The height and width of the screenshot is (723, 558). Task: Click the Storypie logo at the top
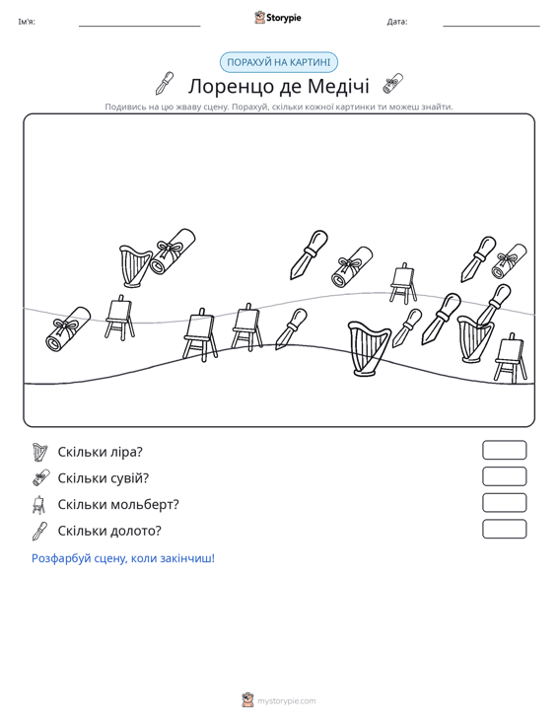point(278,18)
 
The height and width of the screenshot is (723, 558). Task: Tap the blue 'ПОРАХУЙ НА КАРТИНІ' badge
point(279,62)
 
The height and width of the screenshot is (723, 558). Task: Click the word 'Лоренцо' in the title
point(223,86)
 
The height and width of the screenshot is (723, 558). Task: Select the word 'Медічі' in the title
point(338,86)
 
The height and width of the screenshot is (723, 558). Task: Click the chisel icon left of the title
point(165,83)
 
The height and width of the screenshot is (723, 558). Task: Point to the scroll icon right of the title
point(392,84)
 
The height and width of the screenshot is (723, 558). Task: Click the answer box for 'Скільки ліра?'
point(504,450)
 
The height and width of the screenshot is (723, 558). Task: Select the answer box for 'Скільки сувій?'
point(504,476)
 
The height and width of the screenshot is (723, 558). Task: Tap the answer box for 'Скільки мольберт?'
point(504,503)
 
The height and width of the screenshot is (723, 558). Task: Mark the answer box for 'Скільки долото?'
point(504,529)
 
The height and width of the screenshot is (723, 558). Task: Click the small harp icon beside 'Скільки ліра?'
point(40,452)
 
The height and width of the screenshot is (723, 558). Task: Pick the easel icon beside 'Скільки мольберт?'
point(38,505)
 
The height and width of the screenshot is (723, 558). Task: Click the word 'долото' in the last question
point(128,531)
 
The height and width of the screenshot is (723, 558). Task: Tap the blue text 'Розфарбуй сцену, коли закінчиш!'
point(123,558)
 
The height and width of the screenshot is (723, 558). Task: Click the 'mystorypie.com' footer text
point(286,701)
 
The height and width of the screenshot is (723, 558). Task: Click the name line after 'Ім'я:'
point(140,26)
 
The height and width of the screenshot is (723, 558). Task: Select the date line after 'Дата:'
point(491,26)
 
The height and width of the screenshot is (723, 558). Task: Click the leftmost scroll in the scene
point(68,328)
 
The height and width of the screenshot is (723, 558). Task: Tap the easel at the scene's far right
point(510,357)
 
